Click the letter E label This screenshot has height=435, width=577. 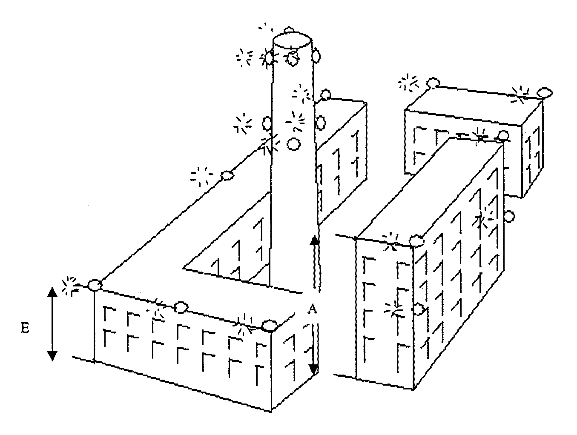pos(25,328)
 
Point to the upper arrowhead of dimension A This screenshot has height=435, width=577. pos(314,240)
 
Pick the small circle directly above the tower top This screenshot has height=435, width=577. pos(289,30)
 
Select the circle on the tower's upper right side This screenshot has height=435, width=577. pos(316,55)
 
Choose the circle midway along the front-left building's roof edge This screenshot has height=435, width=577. pos(181,306)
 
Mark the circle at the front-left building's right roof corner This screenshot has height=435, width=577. pos(268,326)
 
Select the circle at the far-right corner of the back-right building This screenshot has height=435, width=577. pos(544,92)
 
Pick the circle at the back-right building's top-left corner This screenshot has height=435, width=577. pos(433,83)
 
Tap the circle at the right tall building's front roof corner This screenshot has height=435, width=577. pos(416,241)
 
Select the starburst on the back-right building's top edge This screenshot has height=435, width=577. pos(520,94)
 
